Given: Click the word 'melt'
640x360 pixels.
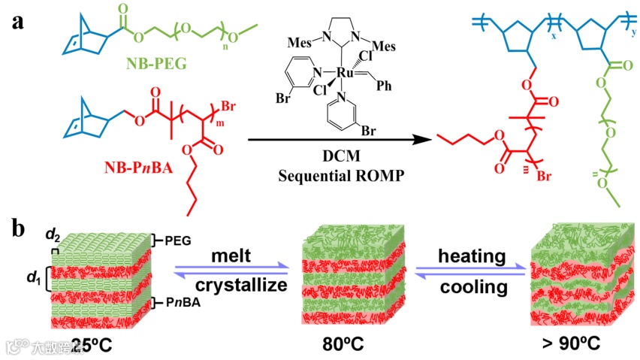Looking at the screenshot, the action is coord(231,256).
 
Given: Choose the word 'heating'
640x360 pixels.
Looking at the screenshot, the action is coord(472,256).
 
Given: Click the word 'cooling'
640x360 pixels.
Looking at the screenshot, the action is coord(472,287).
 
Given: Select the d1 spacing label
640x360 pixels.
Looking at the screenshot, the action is coord(32,280).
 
